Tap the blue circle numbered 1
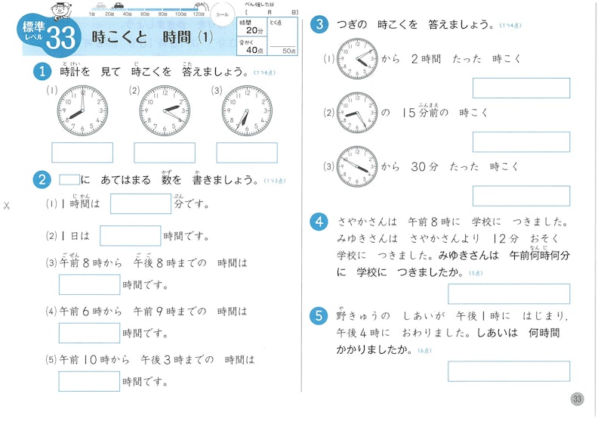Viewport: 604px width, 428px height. pos(41,73)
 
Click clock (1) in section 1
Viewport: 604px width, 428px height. pos(82,111)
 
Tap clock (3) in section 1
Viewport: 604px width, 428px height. pos(247,111)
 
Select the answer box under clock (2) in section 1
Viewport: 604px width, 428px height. pos(165,153)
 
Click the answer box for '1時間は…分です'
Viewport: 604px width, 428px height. pos(141,204)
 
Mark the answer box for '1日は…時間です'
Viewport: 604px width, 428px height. pos(130,236)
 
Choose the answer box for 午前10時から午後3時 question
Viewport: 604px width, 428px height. pos(89,381)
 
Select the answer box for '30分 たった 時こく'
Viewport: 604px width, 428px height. pos(521,196)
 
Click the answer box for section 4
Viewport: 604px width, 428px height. pos(509,293)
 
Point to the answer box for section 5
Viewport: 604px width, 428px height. pos(509,371)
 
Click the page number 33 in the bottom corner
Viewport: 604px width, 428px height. pos(578,399)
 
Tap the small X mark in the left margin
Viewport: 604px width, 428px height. pos(7,206)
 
